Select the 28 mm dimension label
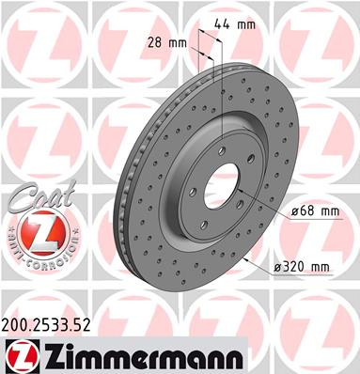(x=164, y=41)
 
